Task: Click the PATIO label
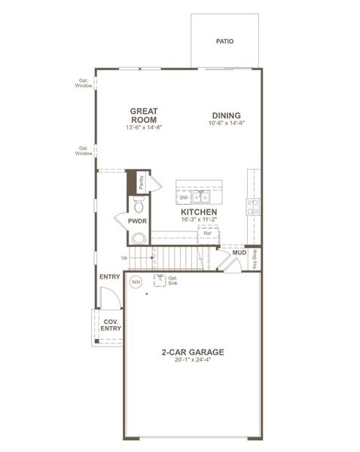[x=224, y=41]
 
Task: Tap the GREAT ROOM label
[x=144, y=116]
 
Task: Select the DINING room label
[x=227, y=115]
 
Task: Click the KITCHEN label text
[x=199, y=212]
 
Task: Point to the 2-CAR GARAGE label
[x=193, y=352]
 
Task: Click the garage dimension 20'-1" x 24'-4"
[x=193, y=360]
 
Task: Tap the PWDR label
[x=136, y=221]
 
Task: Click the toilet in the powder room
[x=138, y=204]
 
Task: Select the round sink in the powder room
[x=139, y=238]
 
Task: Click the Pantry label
[x=142, y=182]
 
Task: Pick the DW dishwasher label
[x=183, y=198]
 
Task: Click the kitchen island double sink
[x=200, y=197]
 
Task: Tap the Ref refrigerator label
[x=208, y=234]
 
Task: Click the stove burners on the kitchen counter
[x=254, y=206]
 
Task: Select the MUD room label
[x=239, y=252]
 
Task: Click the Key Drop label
[x=255, y=258]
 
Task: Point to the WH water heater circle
[x=136, y=282]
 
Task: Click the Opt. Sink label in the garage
[x=160, y=280]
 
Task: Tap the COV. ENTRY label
[x=111, y=325]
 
